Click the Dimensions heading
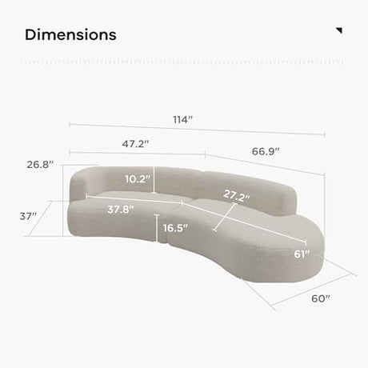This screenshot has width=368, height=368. point(70,35)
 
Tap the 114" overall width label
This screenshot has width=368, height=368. point(182,120)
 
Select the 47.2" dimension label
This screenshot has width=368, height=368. point(135,144)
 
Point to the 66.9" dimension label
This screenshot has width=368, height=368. point(266,151)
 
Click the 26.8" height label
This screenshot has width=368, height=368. point(40,165)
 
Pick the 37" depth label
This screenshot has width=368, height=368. point(28,216)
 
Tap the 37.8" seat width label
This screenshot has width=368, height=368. point(121,210)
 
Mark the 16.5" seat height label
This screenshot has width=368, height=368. point(175,228)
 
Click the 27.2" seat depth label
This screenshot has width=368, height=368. point(237,195)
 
